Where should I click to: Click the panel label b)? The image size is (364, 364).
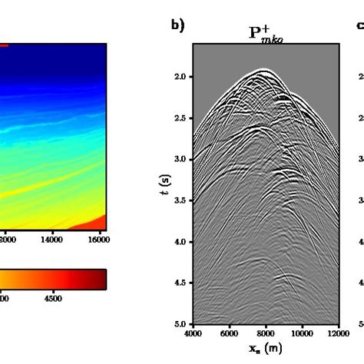pyautogui.click(x=177, y=26)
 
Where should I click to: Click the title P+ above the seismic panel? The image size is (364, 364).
pyautogui.click(x=265, y=34)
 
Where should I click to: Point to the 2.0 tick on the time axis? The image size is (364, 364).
pyautogui.click(x=180, y=77)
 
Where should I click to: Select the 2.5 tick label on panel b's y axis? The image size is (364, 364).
pyautogui.click(x=180, y=118)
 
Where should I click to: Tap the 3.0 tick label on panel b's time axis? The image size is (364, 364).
pyautogui.click(x=180, y=159)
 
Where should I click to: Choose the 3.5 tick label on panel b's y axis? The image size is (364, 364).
pyautogui.click(x=180, y=200)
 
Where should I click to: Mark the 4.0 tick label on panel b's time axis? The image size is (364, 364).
pyautogui.click(x=180, y=242)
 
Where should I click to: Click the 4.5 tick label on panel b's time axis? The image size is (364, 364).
pyautogui.click(x=180, y=283)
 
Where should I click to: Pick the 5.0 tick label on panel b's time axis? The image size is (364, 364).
pyautogui.click(x=180, y=323)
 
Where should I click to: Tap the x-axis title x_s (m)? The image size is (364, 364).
pyautogui.click(x=265, y=349)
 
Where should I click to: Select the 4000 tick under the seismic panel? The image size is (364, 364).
pyautogui.click(x=193, y=334)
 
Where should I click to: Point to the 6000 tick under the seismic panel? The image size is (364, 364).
pyautogui.click(x=229, y=334)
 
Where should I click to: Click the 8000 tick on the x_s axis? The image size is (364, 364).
pyautogui.click(x=265, y=334)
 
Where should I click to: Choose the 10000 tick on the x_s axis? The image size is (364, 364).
pyautogui.click(x=302, y=334)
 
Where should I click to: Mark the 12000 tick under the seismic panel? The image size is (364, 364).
pyautogui.click(x=338, y=334)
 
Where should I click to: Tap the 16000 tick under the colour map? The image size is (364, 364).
pyautogui.click(x=98, y=240)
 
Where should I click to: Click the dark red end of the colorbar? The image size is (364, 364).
pyautogui.click(x=101, y=279)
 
